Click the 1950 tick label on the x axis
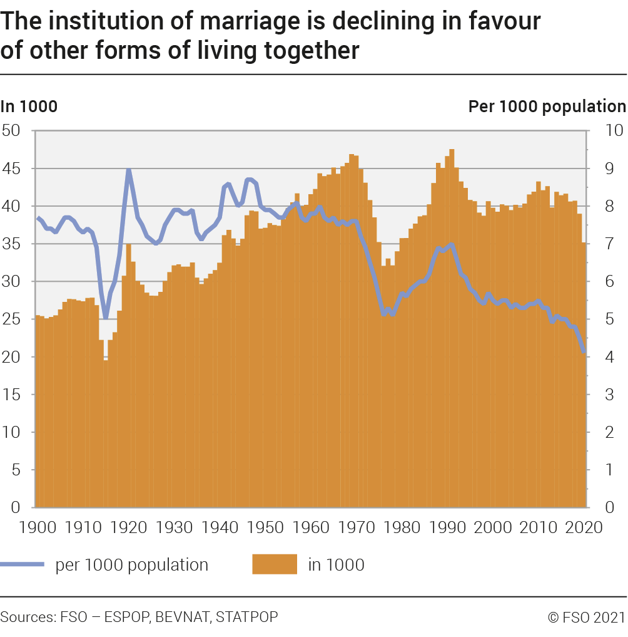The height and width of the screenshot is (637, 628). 266,527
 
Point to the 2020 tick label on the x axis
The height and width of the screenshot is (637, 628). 585,527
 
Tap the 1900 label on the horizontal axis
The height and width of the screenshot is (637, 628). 38,527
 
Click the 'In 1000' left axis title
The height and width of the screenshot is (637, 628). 29,106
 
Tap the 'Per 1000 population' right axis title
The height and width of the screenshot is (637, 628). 547,106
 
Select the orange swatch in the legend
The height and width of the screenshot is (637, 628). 274,565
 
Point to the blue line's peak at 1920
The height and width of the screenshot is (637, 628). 129,170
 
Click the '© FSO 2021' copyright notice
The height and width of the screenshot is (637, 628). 586,618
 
